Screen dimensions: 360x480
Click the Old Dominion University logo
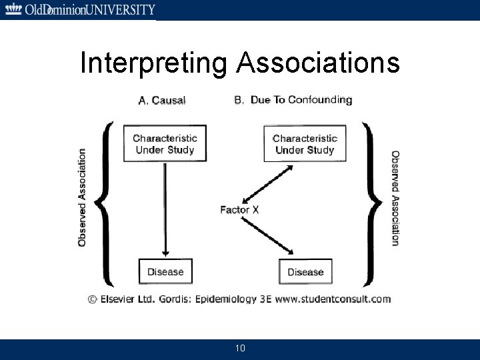pos(79,9)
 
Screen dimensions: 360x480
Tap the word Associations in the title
pos(319,63)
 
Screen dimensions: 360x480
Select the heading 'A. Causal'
pos(162,101)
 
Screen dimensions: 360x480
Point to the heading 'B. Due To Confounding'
pos(293,100)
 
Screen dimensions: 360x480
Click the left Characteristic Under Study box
pos(165,144)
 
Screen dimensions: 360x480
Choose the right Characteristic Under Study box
pos(305,144)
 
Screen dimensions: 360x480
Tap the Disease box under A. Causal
pos(165,271)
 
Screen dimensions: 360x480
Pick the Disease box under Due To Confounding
pos(305,271)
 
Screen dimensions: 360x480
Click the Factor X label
pos(239,210)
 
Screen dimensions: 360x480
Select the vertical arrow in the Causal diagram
pos(165,207)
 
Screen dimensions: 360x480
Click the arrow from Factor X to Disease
pos(269,235)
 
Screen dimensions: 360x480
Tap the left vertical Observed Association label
pos(82,197)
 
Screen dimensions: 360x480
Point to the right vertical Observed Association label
pos(395,197)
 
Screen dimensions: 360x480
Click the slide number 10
pos(240,349)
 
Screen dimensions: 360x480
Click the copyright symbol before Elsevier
pos(93,299)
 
